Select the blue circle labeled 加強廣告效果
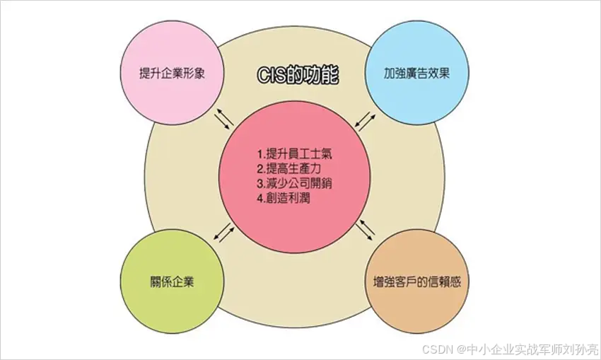click(x=417, y=53)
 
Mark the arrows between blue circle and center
click(x=363, y=118)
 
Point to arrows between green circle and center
click(x=223, y=233)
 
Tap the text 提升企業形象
click(x=173, y=73)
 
